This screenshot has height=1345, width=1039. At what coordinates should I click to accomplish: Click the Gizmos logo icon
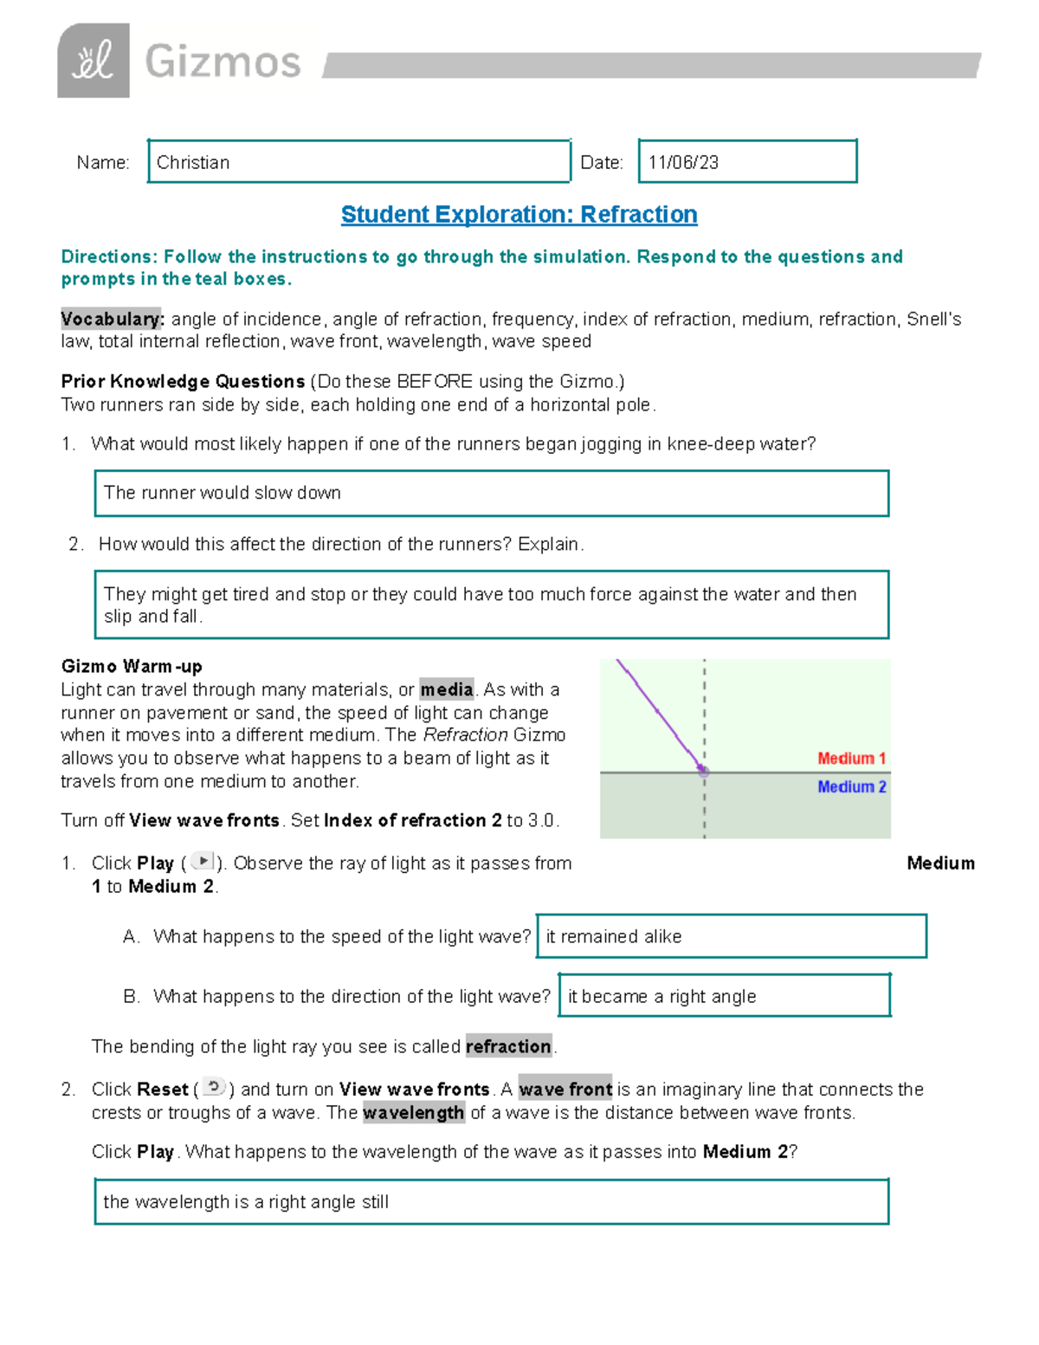pyautogui.click(x=94, y=61)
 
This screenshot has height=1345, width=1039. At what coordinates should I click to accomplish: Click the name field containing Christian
pyautogui.click(x=358, y=162)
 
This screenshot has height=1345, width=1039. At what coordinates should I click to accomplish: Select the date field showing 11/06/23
pyautogui.click(x=747, y=162)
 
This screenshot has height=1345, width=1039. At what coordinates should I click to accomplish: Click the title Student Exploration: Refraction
pyautogui.click(x=519, y=215)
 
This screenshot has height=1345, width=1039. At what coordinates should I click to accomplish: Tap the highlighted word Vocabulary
pyautogui.click(x=112, y=320)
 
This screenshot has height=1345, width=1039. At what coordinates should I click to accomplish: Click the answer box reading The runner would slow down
pyautogui.click(x=491, y=494)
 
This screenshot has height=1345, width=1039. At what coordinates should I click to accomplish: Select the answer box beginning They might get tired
pyautogui.click(x=491, y=605)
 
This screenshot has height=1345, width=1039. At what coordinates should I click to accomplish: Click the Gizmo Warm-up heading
pyautogui.click(x=132, y=666)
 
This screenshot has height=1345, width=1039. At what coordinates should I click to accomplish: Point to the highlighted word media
pyautogui.click(x=447, y=689)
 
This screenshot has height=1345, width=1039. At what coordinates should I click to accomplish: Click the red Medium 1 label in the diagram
pyautogui.click(x=851, y=759)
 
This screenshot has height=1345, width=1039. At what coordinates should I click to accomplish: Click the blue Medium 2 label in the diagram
pyautogui.click(x=851, y=786)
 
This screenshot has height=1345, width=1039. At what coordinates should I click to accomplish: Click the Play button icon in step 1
pyautogui.click(x=202, y=862)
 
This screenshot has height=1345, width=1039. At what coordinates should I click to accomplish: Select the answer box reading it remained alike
pyautogui.click(x=732, y=936)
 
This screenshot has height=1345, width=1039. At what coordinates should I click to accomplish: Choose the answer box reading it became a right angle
pyautogui.click(x=724, y=996)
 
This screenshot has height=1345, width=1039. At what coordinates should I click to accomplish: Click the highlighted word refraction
pyautogui.click(x=508, y=1046)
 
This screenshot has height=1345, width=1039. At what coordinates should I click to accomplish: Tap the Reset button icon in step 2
pyautogui.click(x=214, y=1088)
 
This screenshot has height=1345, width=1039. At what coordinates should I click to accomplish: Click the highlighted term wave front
pyautogui.click(x=565, y=1089)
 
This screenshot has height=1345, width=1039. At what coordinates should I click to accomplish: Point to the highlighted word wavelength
pyautogui.click(x=413, y=1113)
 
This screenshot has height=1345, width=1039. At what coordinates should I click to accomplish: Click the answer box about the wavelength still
pyautogui.click(x=491, y=1202)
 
